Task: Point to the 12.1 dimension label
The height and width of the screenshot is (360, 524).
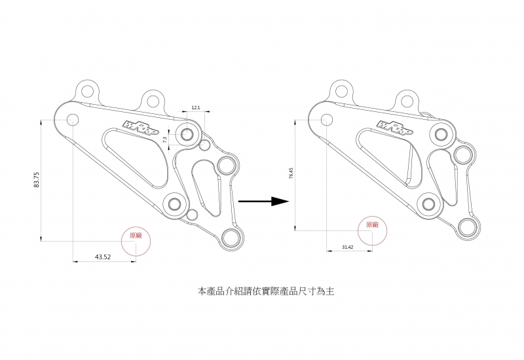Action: click(195, 107)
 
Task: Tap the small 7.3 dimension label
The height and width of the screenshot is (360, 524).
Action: click(166, 139)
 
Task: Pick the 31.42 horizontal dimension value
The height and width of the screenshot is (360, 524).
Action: click(348, 247)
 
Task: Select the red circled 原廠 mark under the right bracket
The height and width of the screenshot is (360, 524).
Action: click(372, 225)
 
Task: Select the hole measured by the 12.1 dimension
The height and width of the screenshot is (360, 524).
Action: click(187, 135)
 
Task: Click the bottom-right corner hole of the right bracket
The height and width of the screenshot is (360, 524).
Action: click(468, 226)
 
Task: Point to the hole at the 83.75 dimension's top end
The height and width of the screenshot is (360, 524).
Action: click(72, 120)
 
